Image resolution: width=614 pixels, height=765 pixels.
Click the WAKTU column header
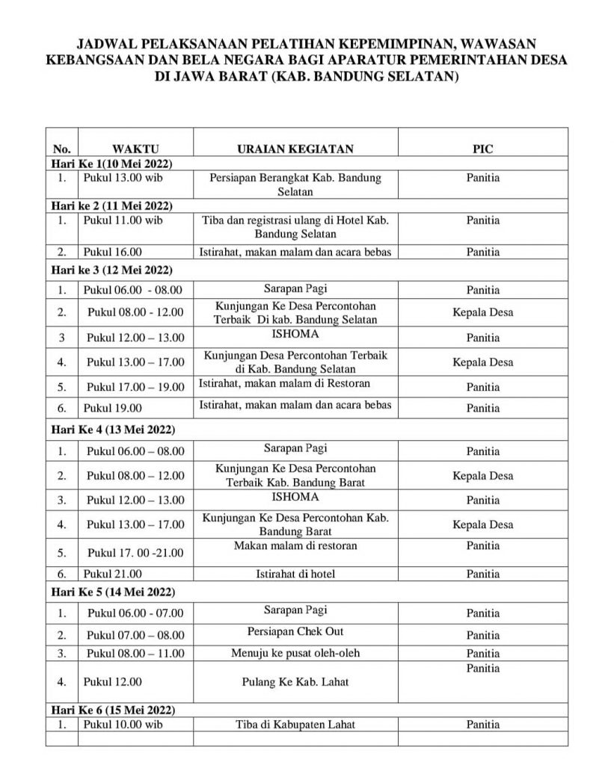click(x=135, y=149)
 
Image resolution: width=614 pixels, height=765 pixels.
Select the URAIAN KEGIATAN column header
click(x=295, y=149)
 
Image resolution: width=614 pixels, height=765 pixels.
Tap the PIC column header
click(x=483, y=149)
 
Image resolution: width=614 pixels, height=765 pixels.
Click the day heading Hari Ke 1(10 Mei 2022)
click(x=111, y=164)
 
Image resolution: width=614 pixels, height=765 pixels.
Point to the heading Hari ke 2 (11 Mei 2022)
click(x=111, y=206)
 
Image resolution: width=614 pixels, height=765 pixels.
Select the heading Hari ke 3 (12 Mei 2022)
click(x=111, y=270)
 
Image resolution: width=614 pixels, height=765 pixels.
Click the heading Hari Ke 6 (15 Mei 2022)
click(x=111, y=709)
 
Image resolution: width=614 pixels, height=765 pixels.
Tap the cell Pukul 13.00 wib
click(x=123, y=179)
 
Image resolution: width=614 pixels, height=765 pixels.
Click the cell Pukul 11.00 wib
click(x=123, y=220)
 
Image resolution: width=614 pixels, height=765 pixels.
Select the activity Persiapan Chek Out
click(x=295, y=631)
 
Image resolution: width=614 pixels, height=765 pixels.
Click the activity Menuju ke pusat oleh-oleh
click(x=295, y=653)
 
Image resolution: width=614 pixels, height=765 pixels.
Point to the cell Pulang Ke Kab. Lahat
click(x=295, y=681)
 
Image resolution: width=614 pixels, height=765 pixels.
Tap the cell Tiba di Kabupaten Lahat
click(x=295, y=724)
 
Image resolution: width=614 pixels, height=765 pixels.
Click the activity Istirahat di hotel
click(x=295, y=574)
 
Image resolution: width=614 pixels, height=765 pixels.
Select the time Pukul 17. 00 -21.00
click(x=135, y=553)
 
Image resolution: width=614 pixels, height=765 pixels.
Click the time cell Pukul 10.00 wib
click(x=123, y=724)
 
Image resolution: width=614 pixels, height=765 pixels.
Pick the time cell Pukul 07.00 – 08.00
click(x=135, y=635)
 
